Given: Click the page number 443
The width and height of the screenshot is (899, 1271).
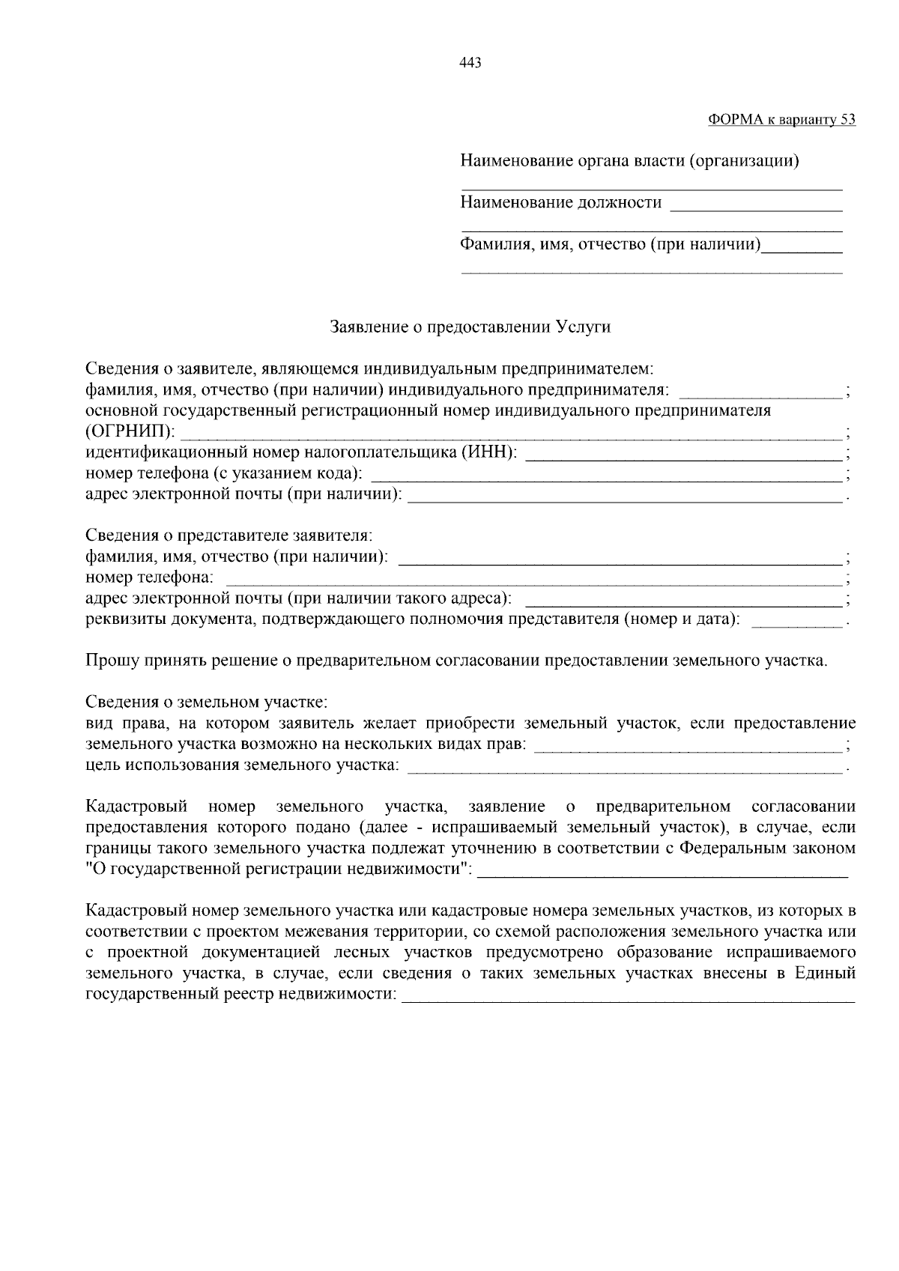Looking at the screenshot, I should point(470,63).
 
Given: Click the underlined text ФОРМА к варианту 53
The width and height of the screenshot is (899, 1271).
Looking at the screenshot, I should point(781,120).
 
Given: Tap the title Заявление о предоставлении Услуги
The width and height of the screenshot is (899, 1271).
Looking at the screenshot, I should point(470,327).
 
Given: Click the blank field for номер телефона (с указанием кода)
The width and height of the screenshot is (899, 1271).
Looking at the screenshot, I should point(607,475).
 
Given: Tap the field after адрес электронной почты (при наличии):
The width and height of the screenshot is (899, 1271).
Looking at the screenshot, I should point(623,496).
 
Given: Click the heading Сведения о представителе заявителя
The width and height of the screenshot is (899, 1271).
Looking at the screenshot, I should point(228,536).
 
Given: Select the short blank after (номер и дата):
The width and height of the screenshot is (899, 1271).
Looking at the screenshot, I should point(796,621).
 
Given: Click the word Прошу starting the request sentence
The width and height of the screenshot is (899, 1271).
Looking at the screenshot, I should point(110,661).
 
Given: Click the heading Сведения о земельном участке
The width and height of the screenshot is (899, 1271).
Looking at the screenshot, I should point(207,703).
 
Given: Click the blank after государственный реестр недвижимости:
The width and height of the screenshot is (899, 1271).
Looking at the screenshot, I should point(628,996).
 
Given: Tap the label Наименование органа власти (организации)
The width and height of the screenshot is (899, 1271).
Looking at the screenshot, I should point(629,161).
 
